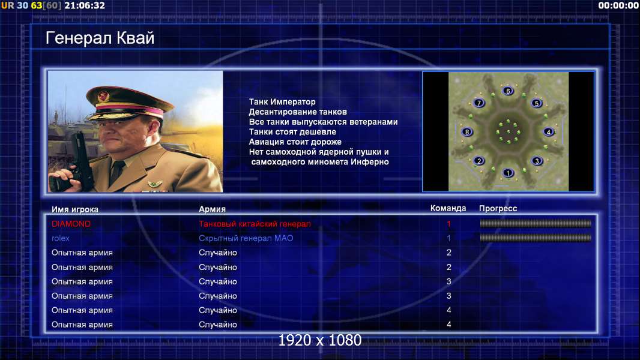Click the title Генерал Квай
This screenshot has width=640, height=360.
tap(100, 38)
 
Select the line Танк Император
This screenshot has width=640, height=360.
tap(282, 102)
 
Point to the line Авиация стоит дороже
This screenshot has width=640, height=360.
tap(295, 142)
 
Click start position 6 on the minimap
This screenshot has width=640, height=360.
tap(508, 91)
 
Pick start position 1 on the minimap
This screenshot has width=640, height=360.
tap(508, 173)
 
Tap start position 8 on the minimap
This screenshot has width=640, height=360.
tap(467, 131)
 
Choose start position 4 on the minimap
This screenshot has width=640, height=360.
tap(549, 131)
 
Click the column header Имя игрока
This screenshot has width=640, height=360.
tap(74, 209)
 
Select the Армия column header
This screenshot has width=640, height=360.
tap(213, 209)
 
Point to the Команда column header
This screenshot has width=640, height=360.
tap(448, 208)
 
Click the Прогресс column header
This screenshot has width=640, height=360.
tap(498, 209)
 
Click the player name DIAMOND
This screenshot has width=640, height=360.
tap(71, 224)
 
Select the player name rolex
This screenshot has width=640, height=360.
tap(61, 238)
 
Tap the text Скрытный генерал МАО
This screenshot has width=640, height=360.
tap(246, 238)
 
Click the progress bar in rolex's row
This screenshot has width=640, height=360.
tap(536, 238)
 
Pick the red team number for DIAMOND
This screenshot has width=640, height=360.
tap(448, 224)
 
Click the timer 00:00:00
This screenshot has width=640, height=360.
tap(618, 6)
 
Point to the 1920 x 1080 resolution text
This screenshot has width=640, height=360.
tap(320, 340)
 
